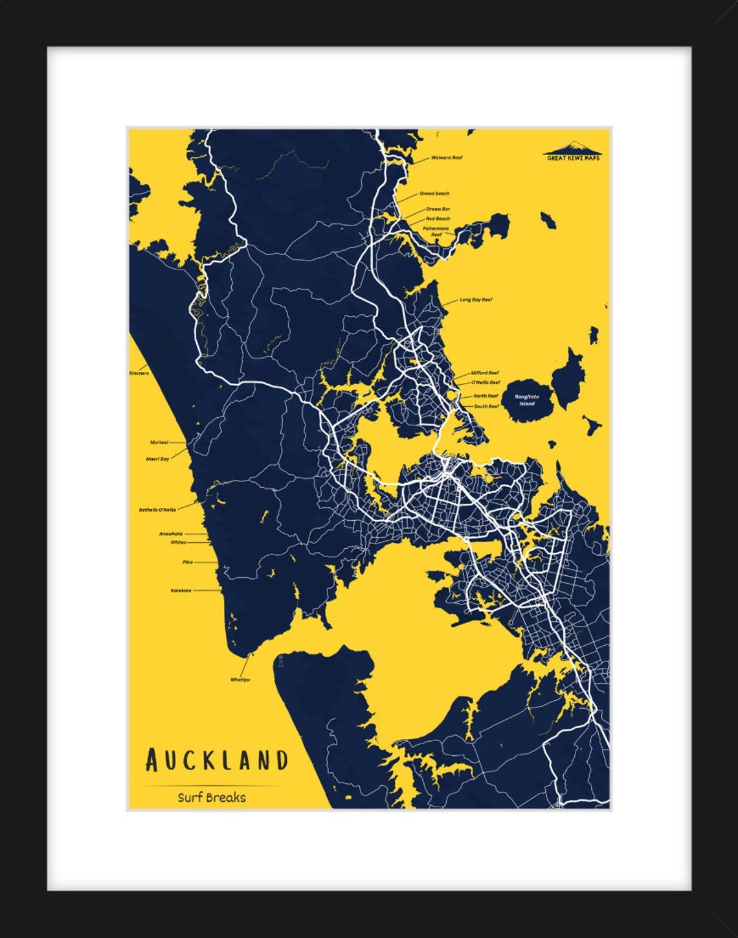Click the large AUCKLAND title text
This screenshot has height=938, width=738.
217,760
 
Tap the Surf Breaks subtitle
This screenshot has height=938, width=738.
212,797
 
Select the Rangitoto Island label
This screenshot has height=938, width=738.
527,400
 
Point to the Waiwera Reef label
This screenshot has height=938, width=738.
447,157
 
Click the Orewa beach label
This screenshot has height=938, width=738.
434,194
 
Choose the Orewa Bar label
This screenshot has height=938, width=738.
438,209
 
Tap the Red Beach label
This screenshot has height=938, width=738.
438,219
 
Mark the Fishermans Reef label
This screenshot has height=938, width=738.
436,231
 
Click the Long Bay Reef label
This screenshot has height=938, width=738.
476,300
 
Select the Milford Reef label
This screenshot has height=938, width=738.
485,373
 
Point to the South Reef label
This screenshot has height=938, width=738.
486,406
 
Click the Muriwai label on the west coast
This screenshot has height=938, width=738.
159,442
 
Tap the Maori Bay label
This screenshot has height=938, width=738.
157,459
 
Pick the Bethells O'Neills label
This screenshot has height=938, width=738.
157,510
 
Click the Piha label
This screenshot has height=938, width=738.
188,562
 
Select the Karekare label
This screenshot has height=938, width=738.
181,591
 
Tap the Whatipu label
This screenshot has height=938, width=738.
240,680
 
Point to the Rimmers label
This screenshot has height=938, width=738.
139,373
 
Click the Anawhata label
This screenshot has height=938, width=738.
171,534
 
